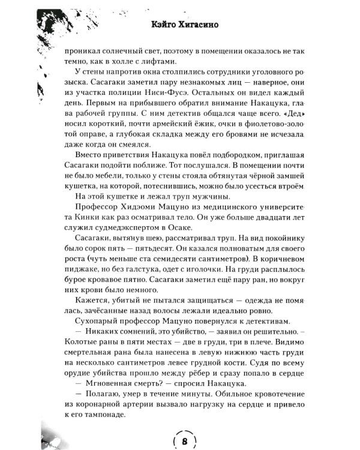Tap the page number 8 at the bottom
click(x=184, y=441)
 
